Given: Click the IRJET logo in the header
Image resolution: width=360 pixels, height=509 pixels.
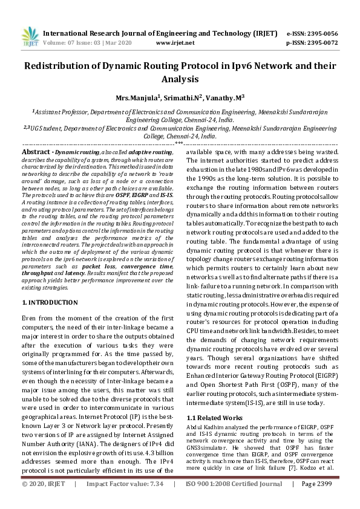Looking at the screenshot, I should pyautogui.click(x=27, y=36).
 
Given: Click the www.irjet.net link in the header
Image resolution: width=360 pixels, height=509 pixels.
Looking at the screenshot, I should pyautogui.click(x=175, y=43).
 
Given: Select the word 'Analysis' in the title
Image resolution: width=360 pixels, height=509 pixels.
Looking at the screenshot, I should pyautogui.click(x=180, y=79).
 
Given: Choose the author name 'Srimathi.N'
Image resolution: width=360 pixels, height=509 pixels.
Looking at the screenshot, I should pyautogui.click(x=180, y=97).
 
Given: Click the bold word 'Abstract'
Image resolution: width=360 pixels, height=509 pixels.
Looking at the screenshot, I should pyautogui.click(x=35, y=151).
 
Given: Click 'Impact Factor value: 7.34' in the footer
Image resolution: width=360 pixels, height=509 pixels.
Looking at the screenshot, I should pyautogui.click(x=125, y=501).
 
